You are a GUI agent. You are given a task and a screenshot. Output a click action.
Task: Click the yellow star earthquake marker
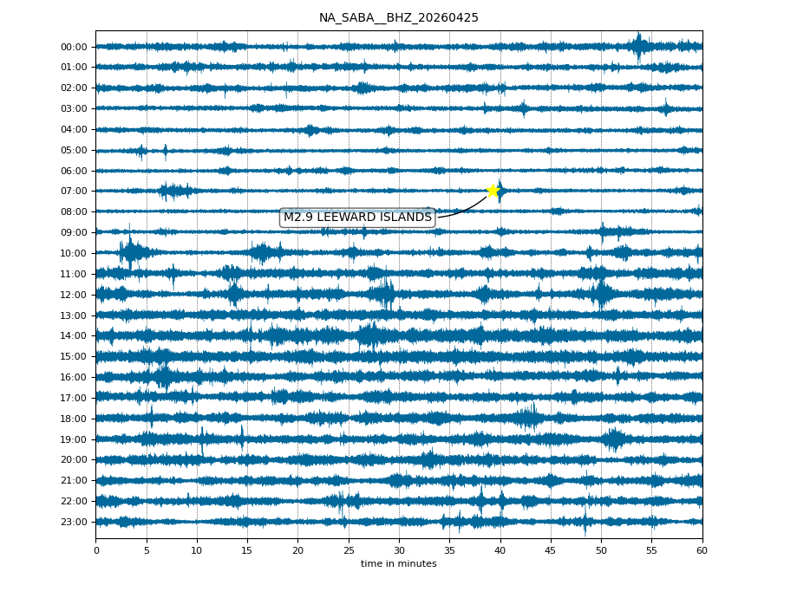(493, 191)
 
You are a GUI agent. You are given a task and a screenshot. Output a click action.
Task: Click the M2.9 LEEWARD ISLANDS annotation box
(357, 218)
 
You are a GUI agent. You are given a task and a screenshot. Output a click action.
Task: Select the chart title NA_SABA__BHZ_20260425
(398, 18)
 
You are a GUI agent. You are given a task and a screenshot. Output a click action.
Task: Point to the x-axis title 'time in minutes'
(398, 564)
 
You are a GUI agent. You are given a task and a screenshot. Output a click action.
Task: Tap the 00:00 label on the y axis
(74, 47)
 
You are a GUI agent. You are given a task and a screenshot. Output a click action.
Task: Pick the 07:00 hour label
(74, 191)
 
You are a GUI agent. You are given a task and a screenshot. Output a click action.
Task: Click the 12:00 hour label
(74, 295)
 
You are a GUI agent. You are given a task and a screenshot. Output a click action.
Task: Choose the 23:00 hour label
(74, 522)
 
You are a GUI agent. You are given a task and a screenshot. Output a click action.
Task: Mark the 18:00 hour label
(74, 419)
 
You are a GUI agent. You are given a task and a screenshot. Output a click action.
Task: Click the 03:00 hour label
(74, 108)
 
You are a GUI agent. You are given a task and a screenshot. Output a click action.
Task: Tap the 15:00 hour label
(74, 356)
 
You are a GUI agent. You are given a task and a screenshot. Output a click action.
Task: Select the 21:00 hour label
(74, 480)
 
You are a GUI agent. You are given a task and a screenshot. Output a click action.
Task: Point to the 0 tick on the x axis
(95, 550)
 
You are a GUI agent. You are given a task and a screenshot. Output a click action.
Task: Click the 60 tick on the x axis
(702, 550)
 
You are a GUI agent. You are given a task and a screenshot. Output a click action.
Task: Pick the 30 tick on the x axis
(399, 550)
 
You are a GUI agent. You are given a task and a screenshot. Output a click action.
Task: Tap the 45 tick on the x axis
(551, 550)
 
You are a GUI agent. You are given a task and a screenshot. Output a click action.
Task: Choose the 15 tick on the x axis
(247, 550)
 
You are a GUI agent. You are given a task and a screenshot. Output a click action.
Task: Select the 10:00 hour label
(74, 253)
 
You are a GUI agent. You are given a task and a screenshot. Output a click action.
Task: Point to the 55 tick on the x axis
(652, 550)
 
